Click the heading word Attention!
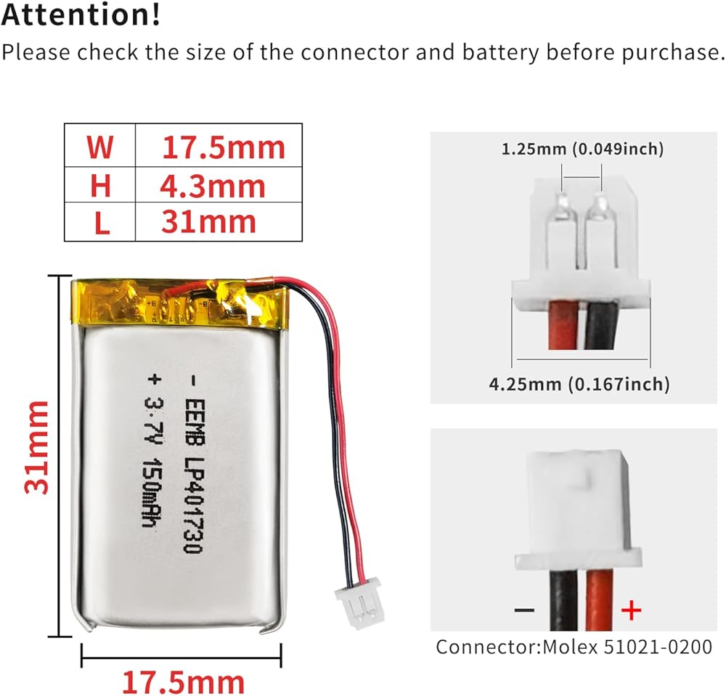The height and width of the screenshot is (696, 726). [x=81, y=15]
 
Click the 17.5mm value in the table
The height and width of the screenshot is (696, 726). [x=223, y=147]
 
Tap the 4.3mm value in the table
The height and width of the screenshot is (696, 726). [x=213, y=187]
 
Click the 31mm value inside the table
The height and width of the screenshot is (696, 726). [x=208, y=221]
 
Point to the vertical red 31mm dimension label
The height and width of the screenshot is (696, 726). [x=36, y=446]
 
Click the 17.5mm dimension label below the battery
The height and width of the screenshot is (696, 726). [x=182, y=682]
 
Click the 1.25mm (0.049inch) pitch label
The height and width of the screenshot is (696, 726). [x=582, y=150]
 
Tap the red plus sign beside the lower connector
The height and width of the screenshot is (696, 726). [x=632, y=610]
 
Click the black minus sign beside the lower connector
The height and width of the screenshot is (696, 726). [x=524, y=610]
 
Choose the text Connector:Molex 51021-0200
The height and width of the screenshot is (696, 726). [x=574, y=647]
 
